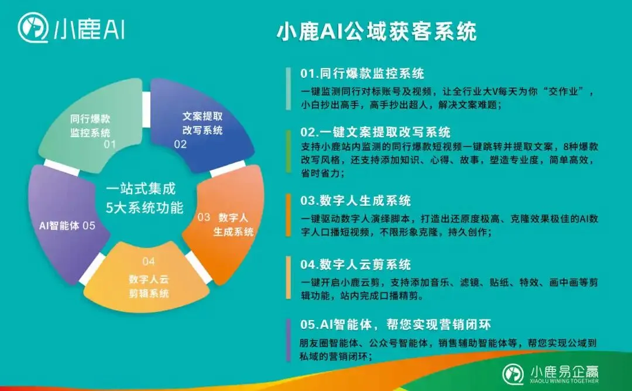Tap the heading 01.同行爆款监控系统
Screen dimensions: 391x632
click(x=362, y=74)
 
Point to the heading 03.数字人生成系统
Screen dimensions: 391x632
click(x=356, y=200)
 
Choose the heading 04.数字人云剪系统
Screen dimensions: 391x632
click(x=356, y=264)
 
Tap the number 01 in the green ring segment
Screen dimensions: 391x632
click(x=109, y=144)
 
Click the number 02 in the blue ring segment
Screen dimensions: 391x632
click(x=180, y=144)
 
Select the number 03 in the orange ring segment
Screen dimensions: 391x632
click(x=204, y=217)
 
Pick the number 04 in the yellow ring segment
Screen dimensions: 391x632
click(x=149, y=261)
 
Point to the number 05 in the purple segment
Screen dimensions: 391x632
click(x=89, y=225)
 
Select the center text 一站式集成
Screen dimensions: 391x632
click(x=140, y=189)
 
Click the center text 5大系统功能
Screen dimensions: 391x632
click(x=144, y=208)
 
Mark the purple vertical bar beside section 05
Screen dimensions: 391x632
click(x=288, y=340)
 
